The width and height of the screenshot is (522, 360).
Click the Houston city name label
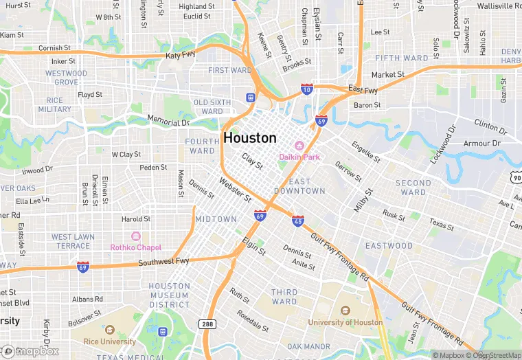(x=250, y=137)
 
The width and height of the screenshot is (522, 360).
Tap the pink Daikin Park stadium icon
(x=299, y=146)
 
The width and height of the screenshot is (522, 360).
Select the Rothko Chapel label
(x=136, y=247)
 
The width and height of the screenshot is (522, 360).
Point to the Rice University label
(x=110, y=342)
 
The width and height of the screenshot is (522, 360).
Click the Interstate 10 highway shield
(x=307, y=89)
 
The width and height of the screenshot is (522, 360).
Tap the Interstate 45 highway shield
(x=298, y=221)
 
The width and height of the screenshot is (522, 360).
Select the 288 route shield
(x=207, y=324)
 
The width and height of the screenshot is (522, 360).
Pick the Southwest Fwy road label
(x=163, y=262)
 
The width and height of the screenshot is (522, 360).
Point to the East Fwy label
(x=363, y=90)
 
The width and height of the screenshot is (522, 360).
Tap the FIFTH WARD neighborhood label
(x=402, y=58)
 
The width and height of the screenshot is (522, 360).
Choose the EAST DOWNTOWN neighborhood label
(x=299, y=186)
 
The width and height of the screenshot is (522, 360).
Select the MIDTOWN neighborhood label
(x=216, y=219)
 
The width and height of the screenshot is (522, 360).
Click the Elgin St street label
(x=254, y=247)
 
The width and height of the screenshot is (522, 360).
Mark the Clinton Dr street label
(x=491, y=126)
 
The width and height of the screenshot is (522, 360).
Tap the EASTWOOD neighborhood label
(x=389, y=246)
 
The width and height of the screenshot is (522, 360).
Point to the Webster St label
(x=235, y=190)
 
